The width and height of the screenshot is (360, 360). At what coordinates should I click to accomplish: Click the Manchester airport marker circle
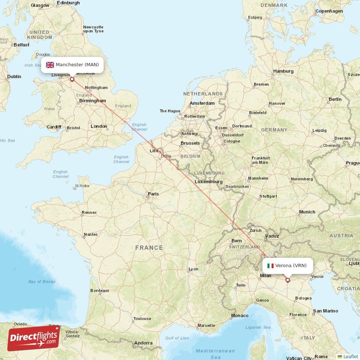(x=72, y=79)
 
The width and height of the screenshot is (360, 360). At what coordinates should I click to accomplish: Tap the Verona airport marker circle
(x=288, y=280)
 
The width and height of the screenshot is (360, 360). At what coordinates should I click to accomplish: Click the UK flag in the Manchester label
(x=50, y=65)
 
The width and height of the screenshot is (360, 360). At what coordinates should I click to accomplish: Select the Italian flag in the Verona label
(x=270, y=265)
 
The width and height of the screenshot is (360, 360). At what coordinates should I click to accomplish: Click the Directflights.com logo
(x=34, y=337)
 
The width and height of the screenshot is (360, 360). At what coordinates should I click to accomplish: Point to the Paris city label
(x=153, y=194)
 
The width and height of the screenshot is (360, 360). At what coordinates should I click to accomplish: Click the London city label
(x=99, y=126)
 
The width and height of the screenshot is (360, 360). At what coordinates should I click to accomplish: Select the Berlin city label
(x=335, y=99)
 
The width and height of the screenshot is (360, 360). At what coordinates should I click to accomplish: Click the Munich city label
(x=307, y=212)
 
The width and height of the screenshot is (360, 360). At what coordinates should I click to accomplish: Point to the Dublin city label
(x=14, y=76)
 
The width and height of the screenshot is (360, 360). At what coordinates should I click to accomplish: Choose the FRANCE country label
(x=149, y=247)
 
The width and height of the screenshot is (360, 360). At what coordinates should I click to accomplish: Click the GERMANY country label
(x=274, y=130)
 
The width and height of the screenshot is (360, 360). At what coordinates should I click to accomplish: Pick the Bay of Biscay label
(x=42, y=282)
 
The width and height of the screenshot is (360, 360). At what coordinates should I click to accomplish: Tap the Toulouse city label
(x=142, y=319)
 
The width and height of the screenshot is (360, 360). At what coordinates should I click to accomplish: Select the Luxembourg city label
(x=208, y=182)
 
